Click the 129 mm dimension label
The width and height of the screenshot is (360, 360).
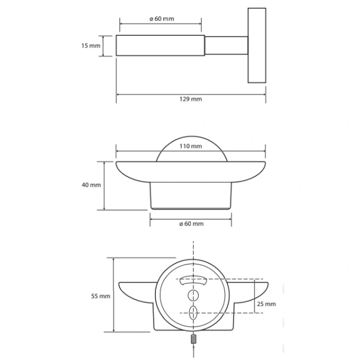[x=191, y=99]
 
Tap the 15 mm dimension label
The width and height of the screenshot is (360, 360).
[x=91, y=46]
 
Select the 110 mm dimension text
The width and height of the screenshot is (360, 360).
[x=191, y=146]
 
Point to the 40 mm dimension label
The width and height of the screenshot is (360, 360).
[x=91, y=185]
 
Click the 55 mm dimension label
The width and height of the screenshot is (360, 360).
[x=101, y=296]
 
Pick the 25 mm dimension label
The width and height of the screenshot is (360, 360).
[x=266, y=304]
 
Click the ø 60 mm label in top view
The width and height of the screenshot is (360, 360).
[x=162, y=19]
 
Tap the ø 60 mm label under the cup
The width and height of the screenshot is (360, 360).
[x=191, y=224]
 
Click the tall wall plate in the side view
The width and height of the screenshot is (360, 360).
[x=257, y=46]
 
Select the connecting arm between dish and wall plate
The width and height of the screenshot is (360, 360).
[x=226, y=46]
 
